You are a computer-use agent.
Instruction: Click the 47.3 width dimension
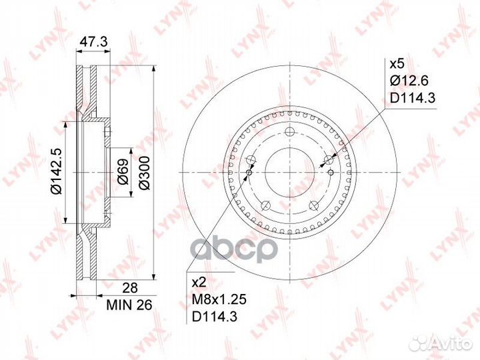(x=93, y=41)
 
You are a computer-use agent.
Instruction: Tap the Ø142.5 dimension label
(x=57, y=171)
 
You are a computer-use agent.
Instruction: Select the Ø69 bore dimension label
(x=123, y=172)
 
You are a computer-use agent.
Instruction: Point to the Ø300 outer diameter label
(x=144, y=173)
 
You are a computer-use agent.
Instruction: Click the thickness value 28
(x=130, y=288)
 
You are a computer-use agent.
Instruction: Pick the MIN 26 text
(x=129, y=305)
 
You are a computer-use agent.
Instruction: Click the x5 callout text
(x=397, y=64)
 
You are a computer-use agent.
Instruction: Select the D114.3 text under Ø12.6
(x=412, y=98)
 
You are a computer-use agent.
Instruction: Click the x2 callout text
(x=199, y=283)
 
